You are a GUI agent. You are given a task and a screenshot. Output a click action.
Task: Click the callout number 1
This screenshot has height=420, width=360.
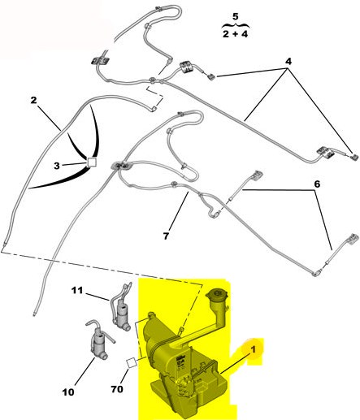254,349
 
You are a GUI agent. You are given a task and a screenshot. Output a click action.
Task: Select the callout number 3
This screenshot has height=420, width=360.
56,166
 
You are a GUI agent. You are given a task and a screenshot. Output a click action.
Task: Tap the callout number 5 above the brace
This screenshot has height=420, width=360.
236,16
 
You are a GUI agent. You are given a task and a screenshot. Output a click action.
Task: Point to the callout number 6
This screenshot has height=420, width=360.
317,184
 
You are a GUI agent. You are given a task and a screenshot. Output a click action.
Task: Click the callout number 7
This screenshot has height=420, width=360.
166,236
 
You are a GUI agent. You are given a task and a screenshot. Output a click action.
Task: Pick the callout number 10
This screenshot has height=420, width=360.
68,392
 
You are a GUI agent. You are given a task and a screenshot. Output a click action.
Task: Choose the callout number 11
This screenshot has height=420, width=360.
77,291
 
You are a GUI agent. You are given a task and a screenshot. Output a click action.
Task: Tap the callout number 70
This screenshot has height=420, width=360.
117,389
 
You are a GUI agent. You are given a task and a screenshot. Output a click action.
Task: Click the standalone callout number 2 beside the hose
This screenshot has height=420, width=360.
33,100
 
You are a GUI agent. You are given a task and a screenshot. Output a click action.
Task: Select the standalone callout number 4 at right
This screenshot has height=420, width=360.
288,62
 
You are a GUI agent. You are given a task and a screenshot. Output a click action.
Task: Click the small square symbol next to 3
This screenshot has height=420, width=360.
92,162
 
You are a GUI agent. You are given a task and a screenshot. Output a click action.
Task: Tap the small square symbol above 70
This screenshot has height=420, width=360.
132,362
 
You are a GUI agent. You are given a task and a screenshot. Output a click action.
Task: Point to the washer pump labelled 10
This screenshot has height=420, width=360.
98,343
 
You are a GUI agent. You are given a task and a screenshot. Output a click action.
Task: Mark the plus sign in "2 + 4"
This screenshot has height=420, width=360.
235,35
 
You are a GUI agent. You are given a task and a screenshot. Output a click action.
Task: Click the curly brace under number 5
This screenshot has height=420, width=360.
236,26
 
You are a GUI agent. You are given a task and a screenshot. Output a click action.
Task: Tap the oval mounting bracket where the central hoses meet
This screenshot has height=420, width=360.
121,165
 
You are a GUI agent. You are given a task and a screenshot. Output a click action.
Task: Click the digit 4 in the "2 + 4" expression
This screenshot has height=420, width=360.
245,34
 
